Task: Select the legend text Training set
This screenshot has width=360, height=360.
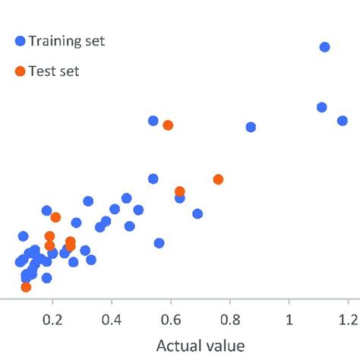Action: [67, 42]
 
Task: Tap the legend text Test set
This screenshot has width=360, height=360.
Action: [54, 72]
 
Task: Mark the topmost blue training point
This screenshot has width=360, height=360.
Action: [324, 47]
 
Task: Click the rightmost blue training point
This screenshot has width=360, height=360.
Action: [342, 120]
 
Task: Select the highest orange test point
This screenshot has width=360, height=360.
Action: [168, 125]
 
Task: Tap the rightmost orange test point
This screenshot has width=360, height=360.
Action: [218, 179]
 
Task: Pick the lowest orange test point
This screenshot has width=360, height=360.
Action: [26, 287]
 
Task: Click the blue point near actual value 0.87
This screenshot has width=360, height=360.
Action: [251, 127]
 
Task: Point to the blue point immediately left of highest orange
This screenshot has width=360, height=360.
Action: [153, 121]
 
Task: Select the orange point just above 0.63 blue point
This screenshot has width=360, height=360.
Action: [180, 191]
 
